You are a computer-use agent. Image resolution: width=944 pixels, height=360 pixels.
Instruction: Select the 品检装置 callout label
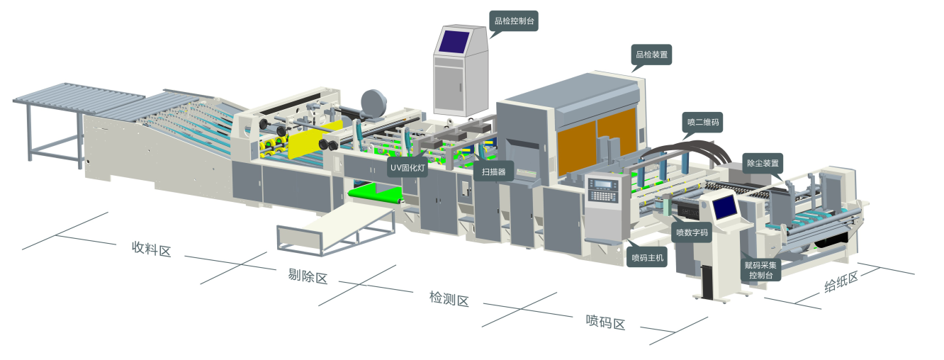(651, 54)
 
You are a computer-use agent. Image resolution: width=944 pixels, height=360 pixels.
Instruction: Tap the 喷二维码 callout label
(703, 122)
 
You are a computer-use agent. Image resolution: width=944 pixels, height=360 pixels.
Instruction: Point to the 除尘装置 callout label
(763, 163)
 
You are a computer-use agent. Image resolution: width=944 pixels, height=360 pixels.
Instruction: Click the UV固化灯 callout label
(407, 168)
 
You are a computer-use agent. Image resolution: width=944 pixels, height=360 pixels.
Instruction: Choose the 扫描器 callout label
(493, 171)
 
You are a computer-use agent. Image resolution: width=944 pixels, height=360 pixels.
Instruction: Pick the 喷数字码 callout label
(691, 232)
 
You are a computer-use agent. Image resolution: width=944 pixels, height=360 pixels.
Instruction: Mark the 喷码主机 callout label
(648, 258)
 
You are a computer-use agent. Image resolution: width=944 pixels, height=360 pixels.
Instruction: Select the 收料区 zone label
(152, 249)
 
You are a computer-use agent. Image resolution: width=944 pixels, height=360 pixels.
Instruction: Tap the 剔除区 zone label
(308, 276)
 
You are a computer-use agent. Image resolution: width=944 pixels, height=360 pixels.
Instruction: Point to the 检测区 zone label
(449, 299)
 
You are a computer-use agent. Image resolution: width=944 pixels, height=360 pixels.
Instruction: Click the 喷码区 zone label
(605, 323)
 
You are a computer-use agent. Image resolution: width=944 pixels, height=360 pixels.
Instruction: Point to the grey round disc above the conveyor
(371, 101)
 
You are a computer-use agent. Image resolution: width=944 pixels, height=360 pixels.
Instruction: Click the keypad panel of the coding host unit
(605, 190)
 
